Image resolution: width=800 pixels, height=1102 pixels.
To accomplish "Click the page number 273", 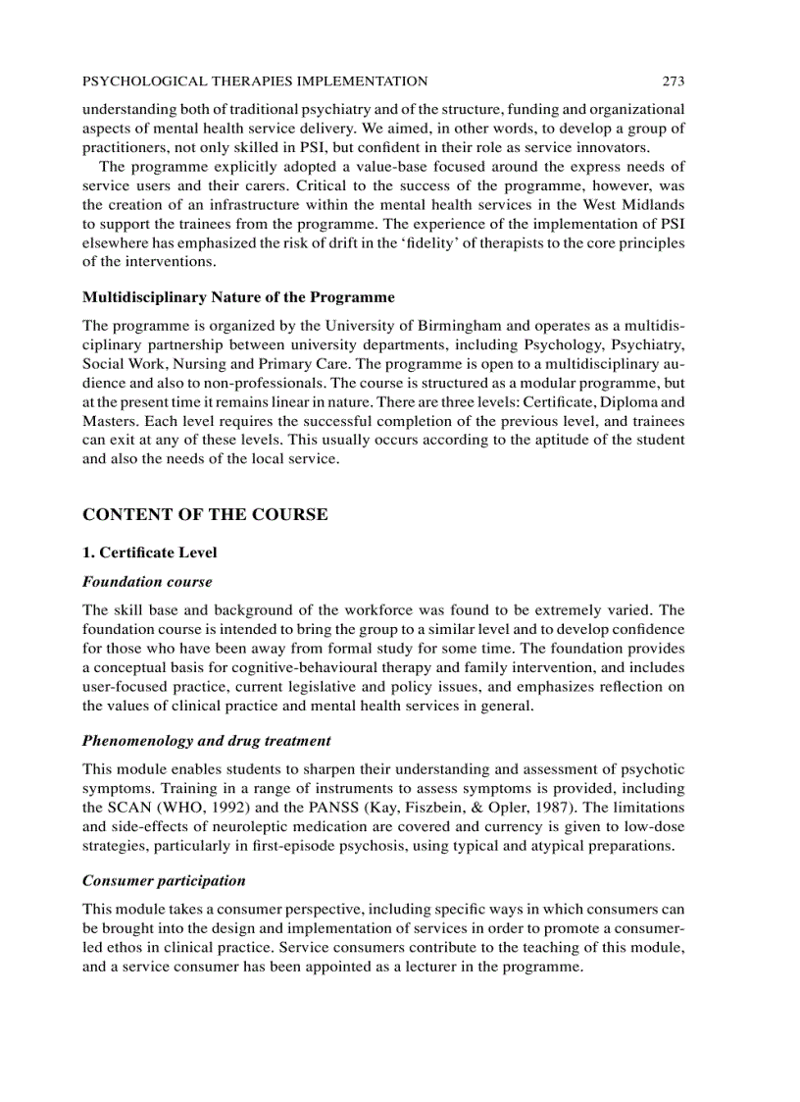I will [x=673, y=81].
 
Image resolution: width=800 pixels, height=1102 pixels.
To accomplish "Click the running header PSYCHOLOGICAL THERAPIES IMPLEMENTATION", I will [x=255, y=81].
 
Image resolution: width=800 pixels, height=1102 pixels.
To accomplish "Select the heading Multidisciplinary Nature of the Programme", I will [x=238, y=297].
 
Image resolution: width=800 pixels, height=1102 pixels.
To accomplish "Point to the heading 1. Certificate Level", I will [x=150, y=552].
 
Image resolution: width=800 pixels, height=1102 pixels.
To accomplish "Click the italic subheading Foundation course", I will [x=147, y=582].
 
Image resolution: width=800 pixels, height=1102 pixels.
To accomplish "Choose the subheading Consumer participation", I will [x=164, y=880].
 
